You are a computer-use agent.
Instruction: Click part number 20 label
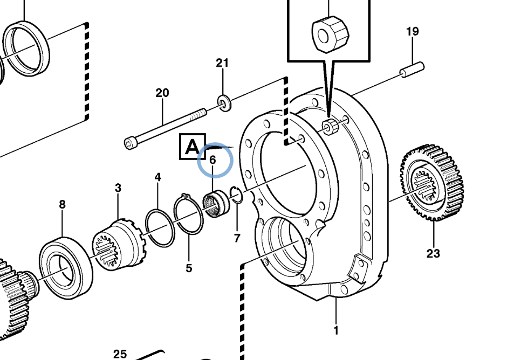coord(162,93)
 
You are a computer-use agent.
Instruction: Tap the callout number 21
coord(222,63)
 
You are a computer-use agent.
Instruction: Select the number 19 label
coord(413,31)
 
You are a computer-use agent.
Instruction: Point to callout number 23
coord(433,253)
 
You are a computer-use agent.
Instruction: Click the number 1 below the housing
coord(335,330)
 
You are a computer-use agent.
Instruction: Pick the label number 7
coord(237,238)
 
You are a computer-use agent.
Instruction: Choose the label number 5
coord(189,268)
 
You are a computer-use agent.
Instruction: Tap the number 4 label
coord(158,177)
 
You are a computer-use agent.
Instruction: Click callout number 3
coord(118,188)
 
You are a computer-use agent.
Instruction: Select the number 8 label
coord(62,204)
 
